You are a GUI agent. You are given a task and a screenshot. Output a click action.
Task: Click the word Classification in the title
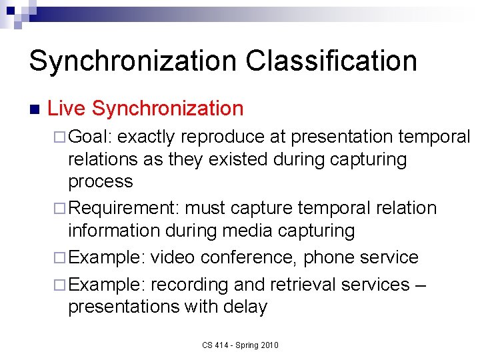click(x=331, y=61)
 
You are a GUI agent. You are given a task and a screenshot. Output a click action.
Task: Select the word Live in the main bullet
click(x=67, y=108)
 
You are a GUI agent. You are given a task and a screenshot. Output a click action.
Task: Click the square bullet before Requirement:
click(x=61, y=209)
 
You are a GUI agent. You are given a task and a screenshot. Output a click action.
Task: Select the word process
click(x=101, y=181)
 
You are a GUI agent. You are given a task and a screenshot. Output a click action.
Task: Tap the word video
click(x=172, y=257)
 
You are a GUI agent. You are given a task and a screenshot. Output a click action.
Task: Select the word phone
click(x=325, y=257)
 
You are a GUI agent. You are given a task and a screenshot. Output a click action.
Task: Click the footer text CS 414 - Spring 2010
click(x=241, y=345)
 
